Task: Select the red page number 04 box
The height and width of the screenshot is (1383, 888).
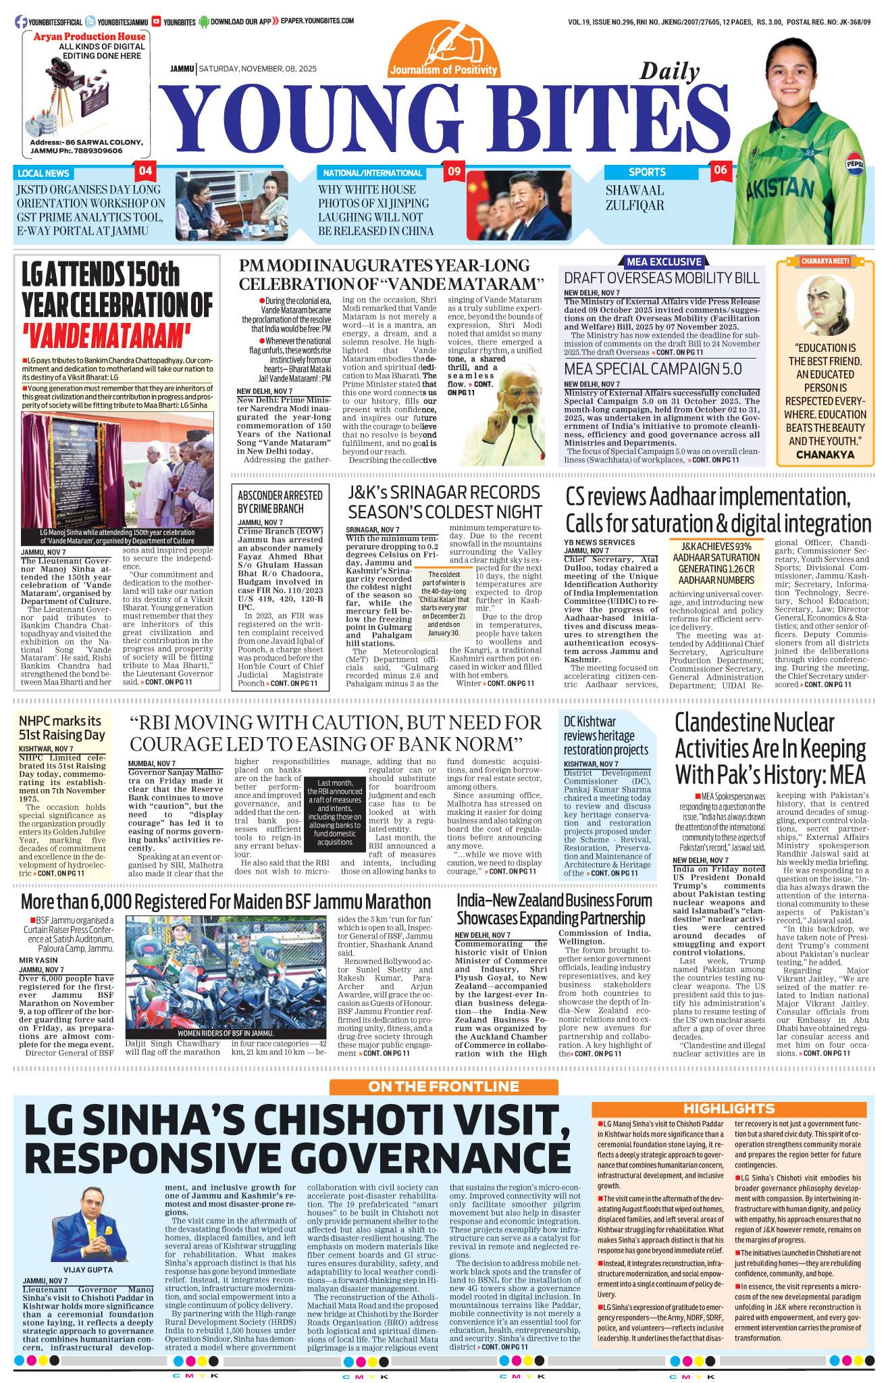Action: pos(147,170)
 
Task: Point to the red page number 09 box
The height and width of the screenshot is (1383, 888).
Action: pos(453,171)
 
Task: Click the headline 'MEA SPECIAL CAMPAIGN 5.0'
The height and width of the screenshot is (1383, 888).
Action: pos(653,369)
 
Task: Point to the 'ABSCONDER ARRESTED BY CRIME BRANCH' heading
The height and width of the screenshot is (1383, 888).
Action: pos(270,500)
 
